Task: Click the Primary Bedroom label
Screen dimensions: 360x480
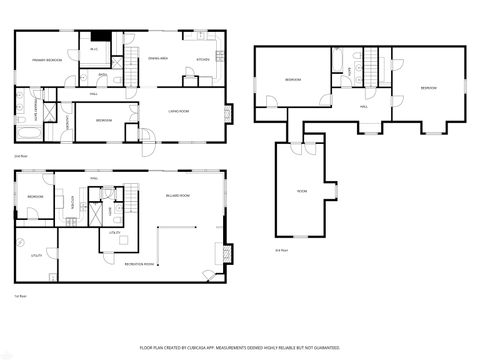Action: pos(47,61)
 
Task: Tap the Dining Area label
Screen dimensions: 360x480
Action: pos(157,59)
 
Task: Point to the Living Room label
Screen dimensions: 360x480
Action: pos(177,111)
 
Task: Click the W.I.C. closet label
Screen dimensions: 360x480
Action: pos(94,49)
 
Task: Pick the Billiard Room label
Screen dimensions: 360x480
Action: pos(178,197)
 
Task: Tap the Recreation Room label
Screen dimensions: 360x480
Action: pos(139,263)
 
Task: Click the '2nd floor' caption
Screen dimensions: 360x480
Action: pos(20,157)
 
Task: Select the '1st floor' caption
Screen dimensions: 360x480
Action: pos(20,296)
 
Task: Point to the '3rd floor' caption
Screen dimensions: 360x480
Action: pos(281,249)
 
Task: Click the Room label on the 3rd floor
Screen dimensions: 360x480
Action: pos(302,190)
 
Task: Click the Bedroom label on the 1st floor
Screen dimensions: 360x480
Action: pos(35,197)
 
